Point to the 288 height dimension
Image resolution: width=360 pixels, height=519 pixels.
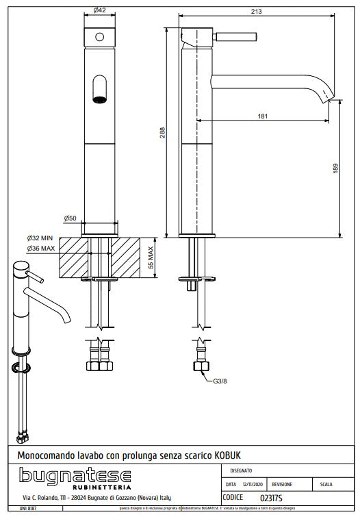(163, 132)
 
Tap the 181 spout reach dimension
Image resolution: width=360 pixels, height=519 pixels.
(263, 116)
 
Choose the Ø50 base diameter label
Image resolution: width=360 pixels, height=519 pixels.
(70, 218)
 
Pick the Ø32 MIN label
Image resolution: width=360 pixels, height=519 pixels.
(41, 239)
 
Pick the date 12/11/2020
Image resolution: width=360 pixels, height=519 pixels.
(253, 484)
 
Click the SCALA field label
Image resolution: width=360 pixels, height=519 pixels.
(326, 484)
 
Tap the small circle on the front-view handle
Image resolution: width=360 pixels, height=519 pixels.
(100, 36)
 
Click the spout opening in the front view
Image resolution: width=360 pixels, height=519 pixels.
(99, 90)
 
